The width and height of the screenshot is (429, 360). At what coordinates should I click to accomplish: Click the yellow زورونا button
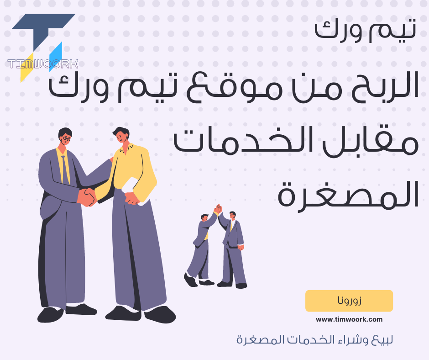tap(349, 301)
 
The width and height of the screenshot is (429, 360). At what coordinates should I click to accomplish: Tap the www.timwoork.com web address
tap(349, 320)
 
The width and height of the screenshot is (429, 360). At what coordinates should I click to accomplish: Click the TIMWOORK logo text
tap(43, 64)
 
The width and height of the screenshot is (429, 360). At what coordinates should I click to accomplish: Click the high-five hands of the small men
tap(218, 209)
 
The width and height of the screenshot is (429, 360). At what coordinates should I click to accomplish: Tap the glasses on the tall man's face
tap(66, 138)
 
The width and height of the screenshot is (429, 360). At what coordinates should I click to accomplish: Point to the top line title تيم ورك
tap(365, 30)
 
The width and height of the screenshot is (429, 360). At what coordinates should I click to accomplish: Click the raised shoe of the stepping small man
tap(190, 280)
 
